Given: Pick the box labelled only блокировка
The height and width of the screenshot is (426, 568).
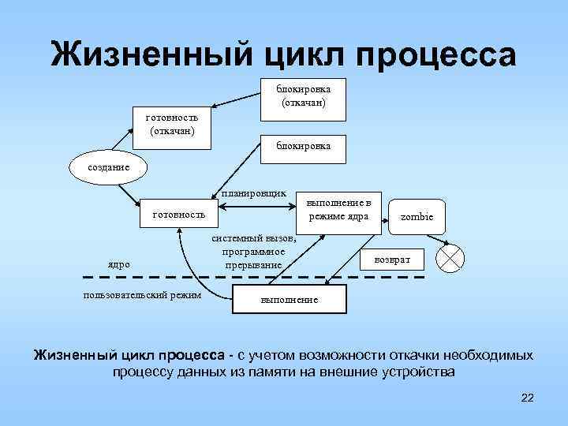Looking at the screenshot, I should coord(303,146).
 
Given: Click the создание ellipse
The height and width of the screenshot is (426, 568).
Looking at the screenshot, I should coord(103,167).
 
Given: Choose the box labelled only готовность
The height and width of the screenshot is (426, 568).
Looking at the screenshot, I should coord(178,213).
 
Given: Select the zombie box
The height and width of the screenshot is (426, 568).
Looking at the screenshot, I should coord(417,216).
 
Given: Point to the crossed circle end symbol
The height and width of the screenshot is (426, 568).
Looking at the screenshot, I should coord(451,258).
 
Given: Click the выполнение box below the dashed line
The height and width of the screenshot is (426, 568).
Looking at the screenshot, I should coord(289,300).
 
